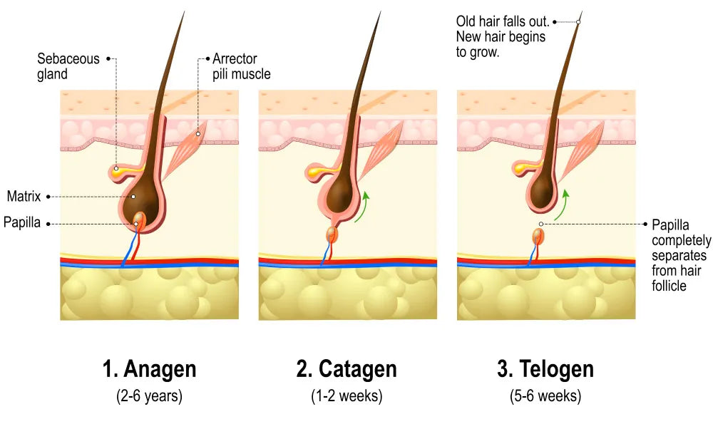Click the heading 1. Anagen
[x=149, y=368]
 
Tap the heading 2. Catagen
[x=347, y=368]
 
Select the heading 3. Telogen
[x=545, y=368]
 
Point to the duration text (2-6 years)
[x=149, y=395]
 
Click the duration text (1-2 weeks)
[x=347, y=395]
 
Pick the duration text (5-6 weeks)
[x=545, y=395]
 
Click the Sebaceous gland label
[x=68, y=66]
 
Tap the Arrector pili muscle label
[x=242, y=66]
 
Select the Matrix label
[x=24, y=196]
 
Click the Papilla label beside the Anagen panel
[x=22, y=222]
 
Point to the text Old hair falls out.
[x=503, y=21]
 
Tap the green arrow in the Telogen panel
[x=562, y=205]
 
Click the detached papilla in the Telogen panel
[x=538, y=237]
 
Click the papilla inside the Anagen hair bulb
[x=139, y=220]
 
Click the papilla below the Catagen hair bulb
[x=332, y=234]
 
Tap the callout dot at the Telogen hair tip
[x=578, y=22]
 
